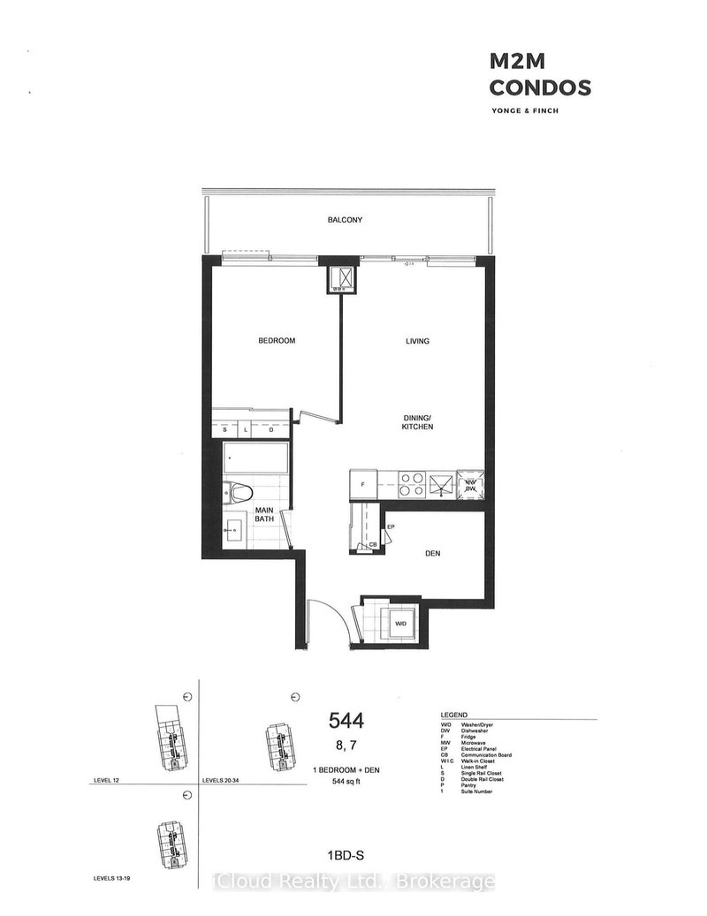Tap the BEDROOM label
pyautogui.click(x=277, y=341)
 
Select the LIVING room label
pyautogui.click(x=417, y=341)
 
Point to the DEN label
pyautogui.click(x=433, y=554)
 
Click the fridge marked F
pyautogui.click(x=363, y=484)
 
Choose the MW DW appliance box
pyautogui.click(x=472, y=484)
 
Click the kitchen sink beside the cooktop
pyautogui.click(x=440, y=483)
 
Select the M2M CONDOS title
pyautogui.click(x=539, y=75)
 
